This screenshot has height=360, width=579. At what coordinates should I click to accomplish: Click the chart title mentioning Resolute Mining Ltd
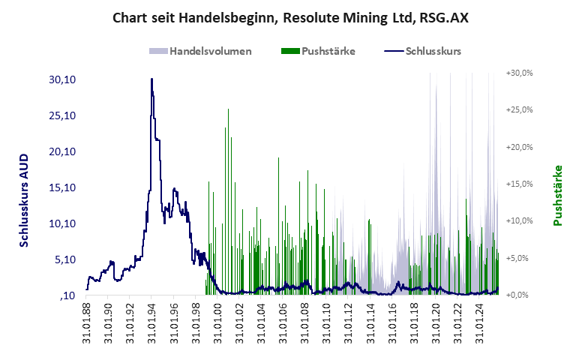pos(290,17)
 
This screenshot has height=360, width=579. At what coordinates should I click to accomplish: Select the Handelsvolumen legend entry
pos(200,52)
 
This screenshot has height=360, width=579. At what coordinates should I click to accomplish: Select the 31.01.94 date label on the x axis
pos(151,325)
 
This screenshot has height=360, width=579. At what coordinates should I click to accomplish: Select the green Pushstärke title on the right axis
pos(557,195)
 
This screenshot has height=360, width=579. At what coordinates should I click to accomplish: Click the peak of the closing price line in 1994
pos(151,79)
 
